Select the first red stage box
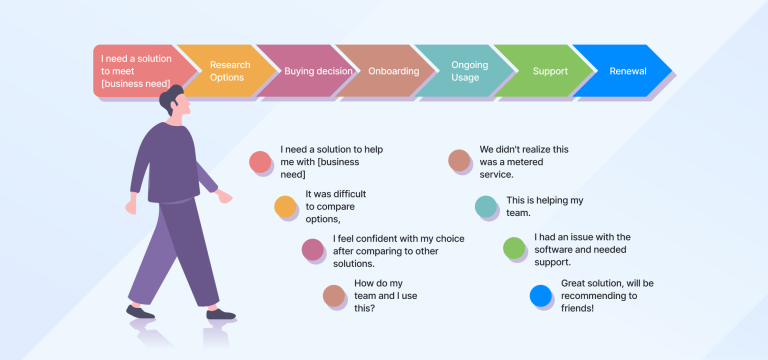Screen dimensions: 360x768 tap(135, 71)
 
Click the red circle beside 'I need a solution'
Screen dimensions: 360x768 tap(260, 161)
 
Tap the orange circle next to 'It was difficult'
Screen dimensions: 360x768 tap(286, 206)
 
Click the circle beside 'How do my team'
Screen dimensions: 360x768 tap(334, 295)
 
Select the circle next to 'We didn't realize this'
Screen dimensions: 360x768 tap(459, 160)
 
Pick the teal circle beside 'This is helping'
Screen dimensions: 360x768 tap(486, 206)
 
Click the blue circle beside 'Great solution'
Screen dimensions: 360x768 tap(540, 295)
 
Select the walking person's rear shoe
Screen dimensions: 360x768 tap(141, 312)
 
